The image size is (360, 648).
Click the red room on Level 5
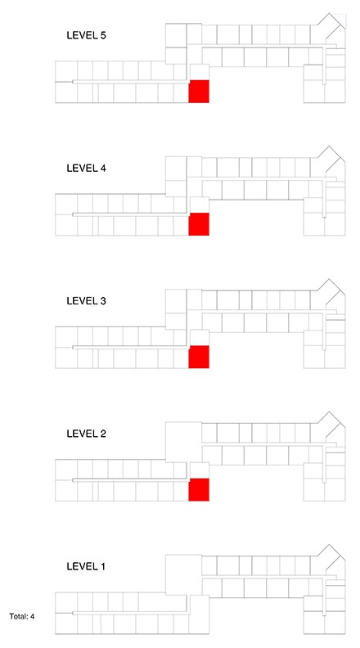[199, 92]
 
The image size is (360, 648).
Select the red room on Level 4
[199, 224]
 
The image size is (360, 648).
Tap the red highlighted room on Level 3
[199, 357]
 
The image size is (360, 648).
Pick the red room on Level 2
[199, 490]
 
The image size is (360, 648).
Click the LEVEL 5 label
[87, 35]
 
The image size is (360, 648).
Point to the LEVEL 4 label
[87, 169]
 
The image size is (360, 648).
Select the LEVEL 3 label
[87, 301]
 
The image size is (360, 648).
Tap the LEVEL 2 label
[87, 434]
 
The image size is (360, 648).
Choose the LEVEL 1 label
[86, 566]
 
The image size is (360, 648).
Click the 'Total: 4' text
[22, 616]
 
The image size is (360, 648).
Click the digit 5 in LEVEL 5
[102, 35]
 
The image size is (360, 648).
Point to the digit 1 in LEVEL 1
[102, 566]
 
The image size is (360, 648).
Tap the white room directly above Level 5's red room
[199, 72]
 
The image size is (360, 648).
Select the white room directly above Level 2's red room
[199, 470]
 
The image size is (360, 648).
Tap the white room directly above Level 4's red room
[199, 205]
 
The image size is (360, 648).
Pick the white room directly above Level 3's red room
[199, 338]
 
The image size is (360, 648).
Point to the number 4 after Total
[32, 616]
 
